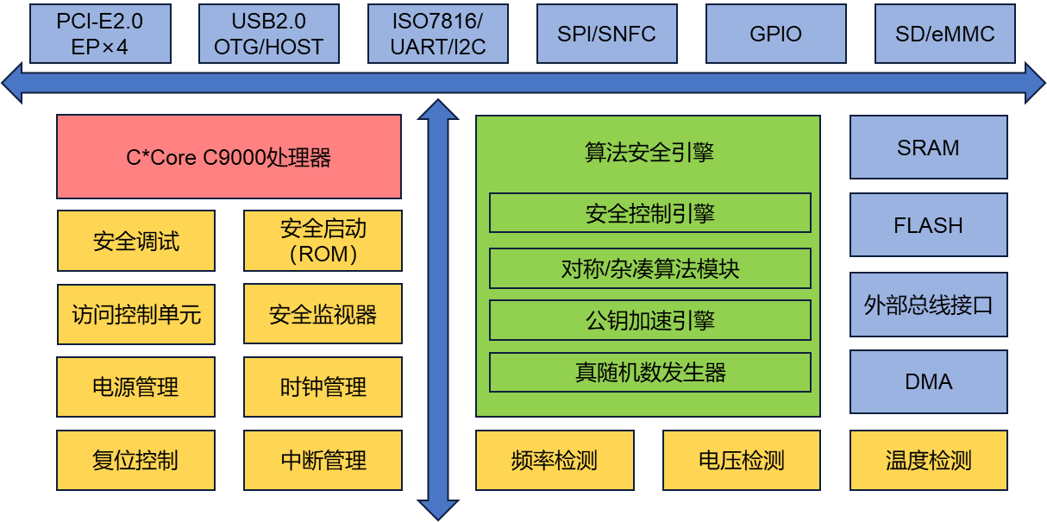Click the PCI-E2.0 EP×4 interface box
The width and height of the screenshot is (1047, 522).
click(101, 34)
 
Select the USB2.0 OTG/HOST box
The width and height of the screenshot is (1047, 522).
click(269, 34)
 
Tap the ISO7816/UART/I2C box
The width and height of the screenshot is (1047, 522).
click(438, 34)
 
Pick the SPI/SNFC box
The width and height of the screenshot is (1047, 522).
click(607, 34)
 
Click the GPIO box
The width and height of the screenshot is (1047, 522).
click(776, 34)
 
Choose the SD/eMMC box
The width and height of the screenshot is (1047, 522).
click(945, 34)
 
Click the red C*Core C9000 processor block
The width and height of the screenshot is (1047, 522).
click(229, 157)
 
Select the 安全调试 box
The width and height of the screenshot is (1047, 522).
click(136, 241)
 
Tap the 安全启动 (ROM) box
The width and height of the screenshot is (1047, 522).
click(323, 241)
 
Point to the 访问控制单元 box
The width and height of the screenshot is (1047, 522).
click(136, 314)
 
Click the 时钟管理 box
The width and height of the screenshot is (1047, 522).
click(323, 387)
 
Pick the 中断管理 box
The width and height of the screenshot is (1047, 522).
click(323, 460)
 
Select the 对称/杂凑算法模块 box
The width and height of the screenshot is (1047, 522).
click(650, 268)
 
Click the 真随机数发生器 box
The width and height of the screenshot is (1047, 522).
click(650, 373)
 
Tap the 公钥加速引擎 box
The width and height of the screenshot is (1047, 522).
click(650, 320)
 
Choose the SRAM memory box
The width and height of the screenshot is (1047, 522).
click(929, 148)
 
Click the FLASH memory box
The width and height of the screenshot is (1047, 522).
click(929, 225)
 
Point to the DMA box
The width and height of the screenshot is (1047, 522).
click(929, 381)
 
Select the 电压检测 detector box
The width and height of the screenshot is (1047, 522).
click(742, 460)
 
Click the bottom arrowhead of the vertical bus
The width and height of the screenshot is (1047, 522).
click(438, 510)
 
